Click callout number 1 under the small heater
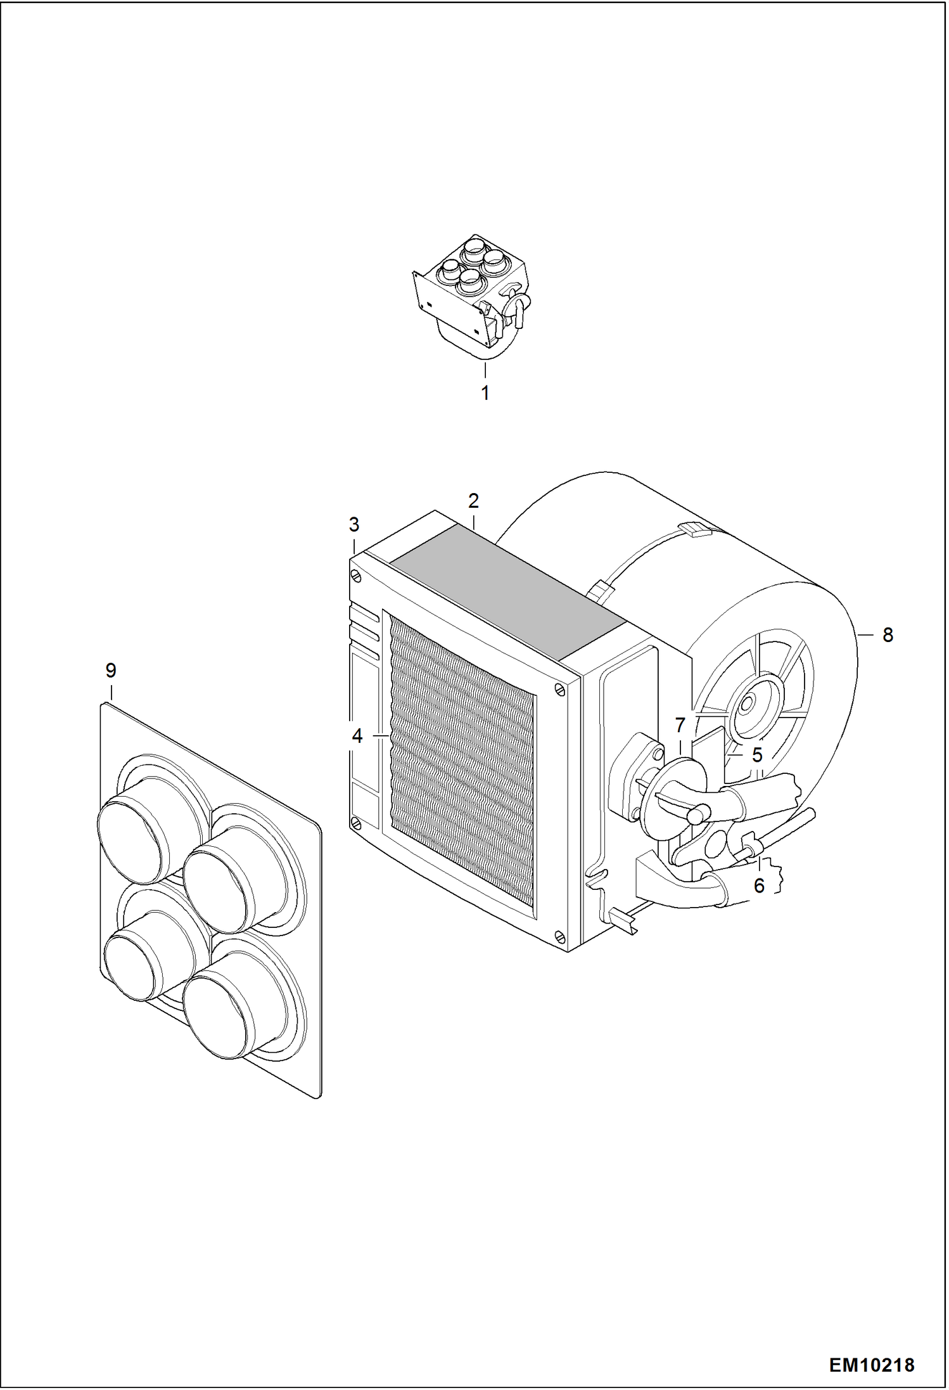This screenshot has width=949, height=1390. tap(485, 393)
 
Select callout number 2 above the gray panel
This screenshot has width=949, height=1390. tap(473, 501)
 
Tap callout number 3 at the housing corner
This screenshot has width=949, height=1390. tap(354, 525)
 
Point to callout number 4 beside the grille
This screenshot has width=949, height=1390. tap(357, 736)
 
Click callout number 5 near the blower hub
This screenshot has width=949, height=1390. tap(757, 755)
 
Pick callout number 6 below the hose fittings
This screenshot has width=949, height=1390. tap(760, 885)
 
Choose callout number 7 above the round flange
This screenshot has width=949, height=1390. tap(680, 724)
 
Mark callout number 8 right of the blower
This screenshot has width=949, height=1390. tap(888, 634)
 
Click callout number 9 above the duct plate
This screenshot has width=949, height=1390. tap(111, 670)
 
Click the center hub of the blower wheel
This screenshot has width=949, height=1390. tap(748, 702)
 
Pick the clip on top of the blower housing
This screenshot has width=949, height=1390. tap(694, 529)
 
